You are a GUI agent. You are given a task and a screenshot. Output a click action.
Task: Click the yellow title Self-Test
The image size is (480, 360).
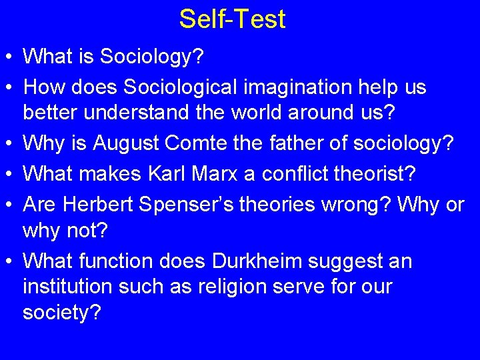(x=232, y=19)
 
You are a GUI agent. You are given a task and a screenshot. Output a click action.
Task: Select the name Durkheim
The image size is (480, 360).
(x=289, y=261)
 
